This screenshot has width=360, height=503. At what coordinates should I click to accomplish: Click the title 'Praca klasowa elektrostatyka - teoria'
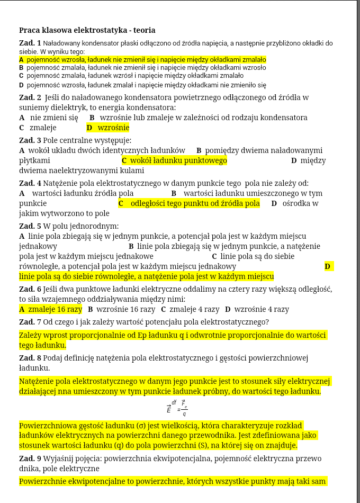click(87, 31)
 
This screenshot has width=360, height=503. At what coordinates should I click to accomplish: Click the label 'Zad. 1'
click(30, 43)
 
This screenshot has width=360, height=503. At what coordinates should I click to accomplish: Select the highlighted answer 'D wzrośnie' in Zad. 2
click(108, 128)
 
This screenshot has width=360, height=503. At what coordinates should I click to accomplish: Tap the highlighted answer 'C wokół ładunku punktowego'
click(174, 160)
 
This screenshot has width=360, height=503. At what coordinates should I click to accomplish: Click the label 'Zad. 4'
click(30, 183)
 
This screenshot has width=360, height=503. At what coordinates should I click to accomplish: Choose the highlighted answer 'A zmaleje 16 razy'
click(51, 309)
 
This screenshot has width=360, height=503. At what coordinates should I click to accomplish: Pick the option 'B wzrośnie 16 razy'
click(121, 309)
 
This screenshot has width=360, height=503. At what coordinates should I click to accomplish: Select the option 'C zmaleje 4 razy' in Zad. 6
click(190, 309)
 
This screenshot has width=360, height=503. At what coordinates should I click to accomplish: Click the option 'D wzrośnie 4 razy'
click(257, 309)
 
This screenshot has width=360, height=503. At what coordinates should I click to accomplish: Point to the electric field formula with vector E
click(177, 407)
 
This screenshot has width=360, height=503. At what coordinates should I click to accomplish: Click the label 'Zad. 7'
click(30, 322)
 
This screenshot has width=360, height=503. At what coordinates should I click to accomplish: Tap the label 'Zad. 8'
click(30, 358)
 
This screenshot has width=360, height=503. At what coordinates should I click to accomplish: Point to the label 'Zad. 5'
click(30, 226)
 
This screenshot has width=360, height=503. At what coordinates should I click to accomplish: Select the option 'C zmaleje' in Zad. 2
click(38, 128)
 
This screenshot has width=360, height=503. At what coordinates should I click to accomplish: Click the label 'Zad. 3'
click(30, 140)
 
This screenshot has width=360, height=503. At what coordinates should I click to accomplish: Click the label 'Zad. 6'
click(30, 289)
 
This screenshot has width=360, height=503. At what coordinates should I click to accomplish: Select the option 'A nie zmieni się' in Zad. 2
click(49, 118)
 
